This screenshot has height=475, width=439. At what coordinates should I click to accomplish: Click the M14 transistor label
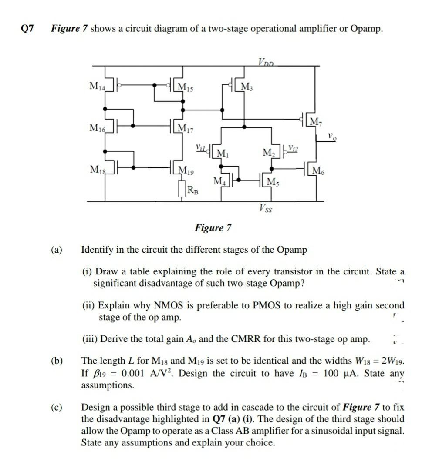pos(97,86)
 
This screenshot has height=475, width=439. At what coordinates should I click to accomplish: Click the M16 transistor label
pos(97,127)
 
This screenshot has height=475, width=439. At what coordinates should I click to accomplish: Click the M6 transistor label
pos(317,170)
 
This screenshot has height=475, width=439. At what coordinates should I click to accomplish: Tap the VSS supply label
pos(266,208)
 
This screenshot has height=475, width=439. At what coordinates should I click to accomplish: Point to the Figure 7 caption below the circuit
pos(213,227)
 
